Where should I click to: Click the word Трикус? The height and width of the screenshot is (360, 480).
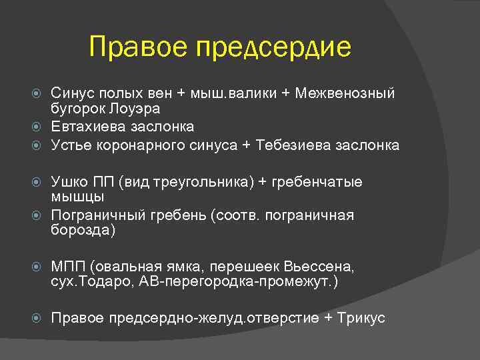point(363,318)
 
